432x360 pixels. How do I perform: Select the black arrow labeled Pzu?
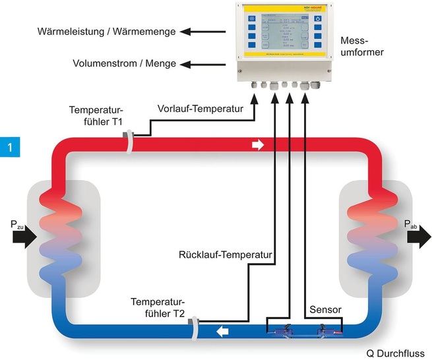pyautogui.click(x=25, y=235)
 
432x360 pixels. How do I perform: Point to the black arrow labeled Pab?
pyautogui.click(x=418, y=235)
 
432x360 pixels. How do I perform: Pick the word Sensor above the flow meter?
pyautogui.click(x=323, y=309)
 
